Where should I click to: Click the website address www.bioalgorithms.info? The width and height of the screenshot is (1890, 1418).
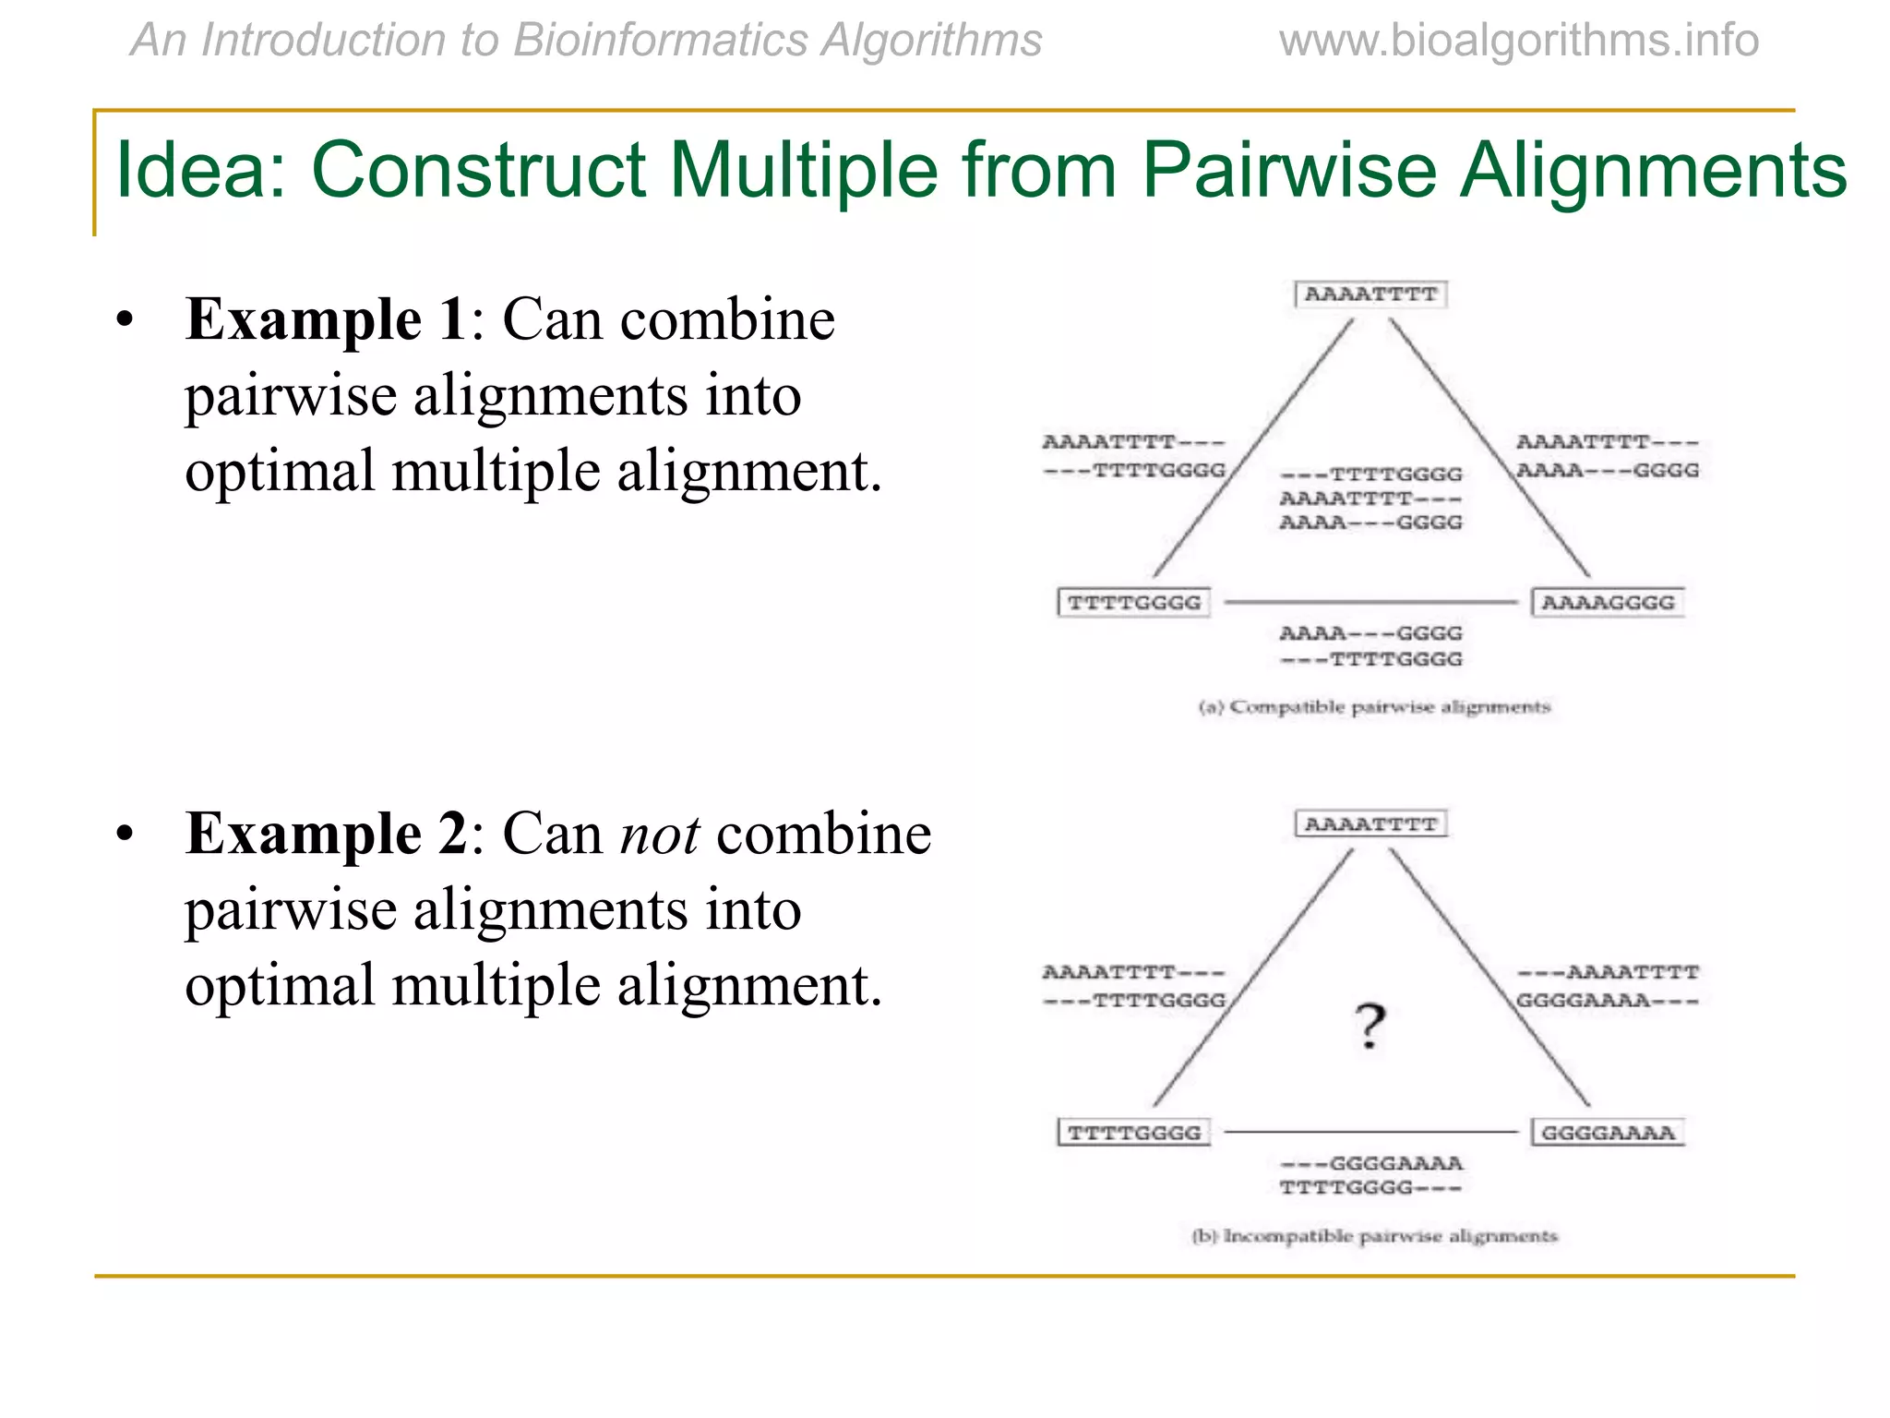[1518, 41]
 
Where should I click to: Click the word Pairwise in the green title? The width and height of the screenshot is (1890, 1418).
[1288, 171]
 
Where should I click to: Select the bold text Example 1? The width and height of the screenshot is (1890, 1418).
[326, 320]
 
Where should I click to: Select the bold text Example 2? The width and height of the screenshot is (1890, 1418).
[326, 835]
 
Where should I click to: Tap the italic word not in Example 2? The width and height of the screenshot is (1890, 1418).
[659, 835]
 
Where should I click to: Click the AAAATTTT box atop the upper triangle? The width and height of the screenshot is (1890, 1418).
[1370, 294]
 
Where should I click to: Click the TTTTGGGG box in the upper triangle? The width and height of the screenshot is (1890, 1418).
[1134, 603]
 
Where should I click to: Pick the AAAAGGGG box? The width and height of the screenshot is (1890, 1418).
[1608, 603]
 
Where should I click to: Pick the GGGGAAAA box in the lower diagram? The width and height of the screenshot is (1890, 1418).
[1608, 1133]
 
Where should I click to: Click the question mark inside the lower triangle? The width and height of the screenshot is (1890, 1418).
[1370, 1027]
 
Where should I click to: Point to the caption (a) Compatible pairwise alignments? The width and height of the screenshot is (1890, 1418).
[1374, 707]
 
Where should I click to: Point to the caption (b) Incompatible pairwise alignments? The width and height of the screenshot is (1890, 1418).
[1374, 1236]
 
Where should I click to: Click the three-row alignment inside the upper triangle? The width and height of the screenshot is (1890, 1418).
[1370, 499]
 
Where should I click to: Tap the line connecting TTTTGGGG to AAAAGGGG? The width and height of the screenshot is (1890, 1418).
[1370, 602]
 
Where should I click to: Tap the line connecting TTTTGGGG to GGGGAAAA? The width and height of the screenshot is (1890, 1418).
[1370, 1132]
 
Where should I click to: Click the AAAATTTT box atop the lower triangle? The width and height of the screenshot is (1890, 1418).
[1370, 823]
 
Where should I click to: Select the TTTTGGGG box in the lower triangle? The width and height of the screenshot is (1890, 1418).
[1134, 1133]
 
